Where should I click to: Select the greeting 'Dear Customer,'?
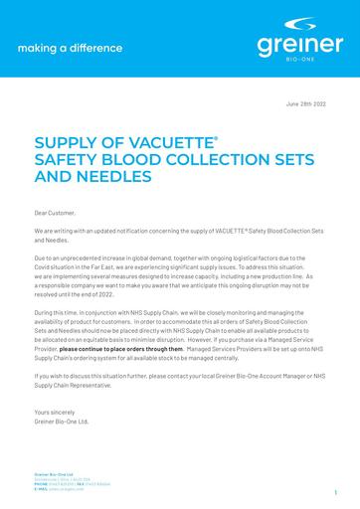coord(55,212)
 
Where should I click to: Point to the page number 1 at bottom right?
coord(335,491)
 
